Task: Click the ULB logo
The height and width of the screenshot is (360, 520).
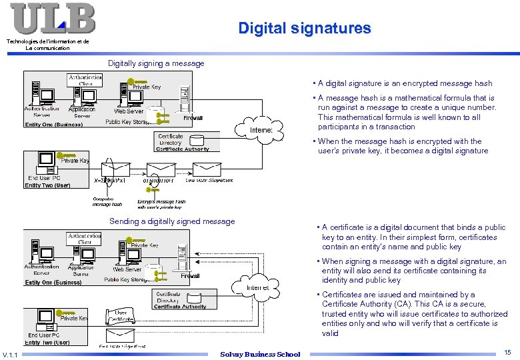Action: pos(52,18)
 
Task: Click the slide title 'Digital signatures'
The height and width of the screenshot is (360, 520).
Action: pos(304,28)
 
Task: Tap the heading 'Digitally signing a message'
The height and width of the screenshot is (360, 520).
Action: pos(156,63)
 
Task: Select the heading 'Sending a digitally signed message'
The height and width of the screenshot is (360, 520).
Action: pos(172,221)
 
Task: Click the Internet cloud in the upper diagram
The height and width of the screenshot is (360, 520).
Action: pos(261,129)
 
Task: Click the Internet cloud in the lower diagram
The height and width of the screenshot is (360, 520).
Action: pos(257,288)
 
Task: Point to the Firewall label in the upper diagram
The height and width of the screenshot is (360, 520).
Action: pos(193,118)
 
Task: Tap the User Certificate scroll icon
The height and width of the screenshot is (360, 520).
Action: pos(120,315)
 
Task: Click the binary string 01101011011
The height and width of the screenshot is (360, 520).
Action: pos(158,181)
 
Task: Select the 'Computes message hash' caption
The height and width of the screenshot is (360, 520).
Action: pos(107,201)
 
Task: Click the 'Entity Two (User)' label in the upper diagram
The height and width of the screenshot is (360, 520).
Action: pos(47,186)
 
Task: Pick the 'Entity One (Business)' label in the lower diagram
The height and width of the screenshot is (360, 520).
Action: pos(53,283)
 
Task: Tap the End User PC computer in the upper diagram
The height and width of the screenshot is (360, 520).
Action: pos(46,160)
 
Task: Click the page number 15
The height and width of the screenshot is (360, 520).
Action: pos(507,352)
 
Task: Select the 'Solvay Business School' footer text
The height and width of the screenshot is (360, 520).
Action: pos(260,354)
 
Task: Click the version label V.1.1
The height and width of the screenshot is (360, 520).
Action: pos(11,354)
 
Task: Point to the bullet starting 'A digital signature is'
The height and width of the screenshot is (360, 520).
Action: pos(405,83)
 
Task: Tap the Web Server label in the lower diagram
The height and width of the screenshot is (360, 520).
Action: pos(127,269)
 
